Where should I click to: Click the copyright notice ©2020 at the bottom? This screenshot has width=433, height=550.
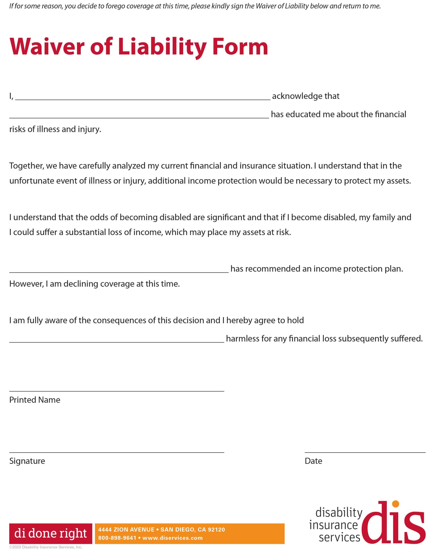tap(46, 547)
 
